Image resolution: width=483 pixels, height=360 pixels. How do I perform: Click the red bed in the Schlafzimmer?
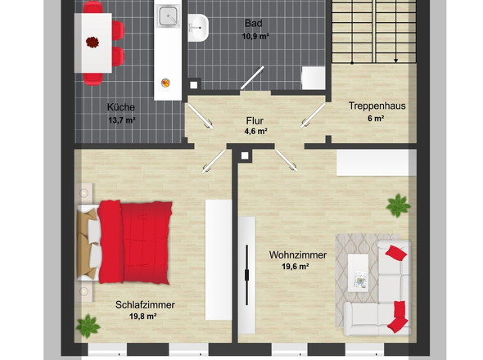point(124,242)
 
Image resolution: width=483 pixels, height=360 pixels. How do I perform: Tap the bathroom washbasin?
point(198,28)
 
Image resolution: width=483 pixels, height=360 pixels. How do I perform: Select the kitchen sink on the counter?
point(168,16)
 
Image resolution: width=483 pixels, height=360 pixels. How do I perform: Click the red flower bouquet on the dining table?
point(93,42)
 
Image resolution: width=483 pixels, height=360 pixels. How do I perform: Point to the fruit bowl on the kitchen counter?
point(165,83)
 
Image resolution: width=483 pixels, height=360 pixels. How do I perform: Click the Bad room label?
point(254,23)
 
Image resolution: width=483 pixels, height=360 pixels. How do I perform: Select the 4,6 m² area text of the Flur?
point(255,132)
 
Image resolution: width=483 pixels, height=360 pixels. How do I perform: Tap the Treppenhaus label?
point(377,106)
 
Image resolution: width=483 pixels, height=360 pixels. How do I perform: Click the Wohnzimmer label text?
point(298,255)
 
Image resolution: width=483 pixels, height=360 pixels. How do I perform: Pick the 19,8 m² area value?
point(143,317)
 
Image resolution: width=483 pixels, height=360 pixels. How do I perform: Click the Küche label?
point(121,107)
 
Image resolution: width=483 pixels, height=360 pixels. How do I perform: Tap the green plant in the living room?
point(398,205)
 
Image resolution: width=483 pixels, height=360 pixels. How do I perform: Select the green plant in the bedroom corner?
point(88,326)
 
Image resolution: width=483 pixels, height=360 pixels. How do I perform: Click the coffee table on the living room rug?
point(359,272)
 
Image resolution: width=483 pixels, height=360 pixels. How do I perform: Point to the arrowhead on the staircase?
point(396,61)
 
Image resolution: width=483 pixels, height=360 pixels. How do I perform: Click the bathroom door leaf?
point(252,78)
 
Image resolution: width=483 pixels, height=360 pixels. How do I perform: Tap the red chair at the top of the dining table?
point(93,7)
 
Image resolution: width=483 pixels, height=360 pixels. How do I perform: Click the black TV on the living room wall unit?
point(246,275)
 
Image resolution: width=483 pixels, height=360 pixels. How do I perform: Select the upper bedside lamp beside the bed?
point(84,193)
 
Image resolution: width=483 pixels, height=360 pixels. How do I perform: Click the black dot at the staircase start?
point(352,63)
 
